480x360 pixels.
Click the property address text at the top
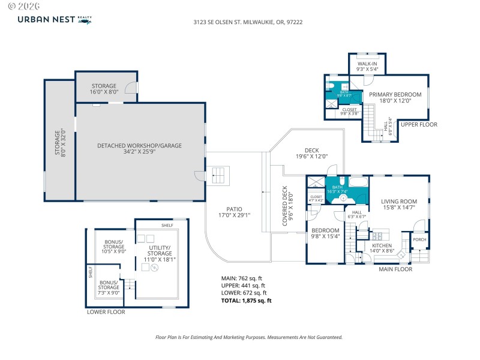click(x=240, y=22)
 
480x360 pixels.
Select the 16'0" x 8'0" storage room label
click(x=104, y=89)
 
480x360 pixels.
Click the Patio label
click(x=234, y=211)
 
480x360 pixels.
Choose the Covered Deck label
click(x=288, y=205)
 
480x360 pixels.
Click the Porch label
click(x=419, y=239)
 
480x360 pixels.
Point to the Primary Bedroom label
click(x=395, y=98)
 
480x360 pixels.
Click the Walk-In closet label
click(x=367, y=66)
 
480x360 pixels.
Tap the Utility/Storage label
click(x=160, y=251)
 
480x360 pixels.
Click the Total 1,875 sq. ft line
click(x=247, y=301)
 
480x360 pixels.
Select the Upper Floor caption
click(x=419, y=124)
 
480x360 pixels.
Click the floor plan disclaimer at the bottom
click(x=240, y=337)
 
